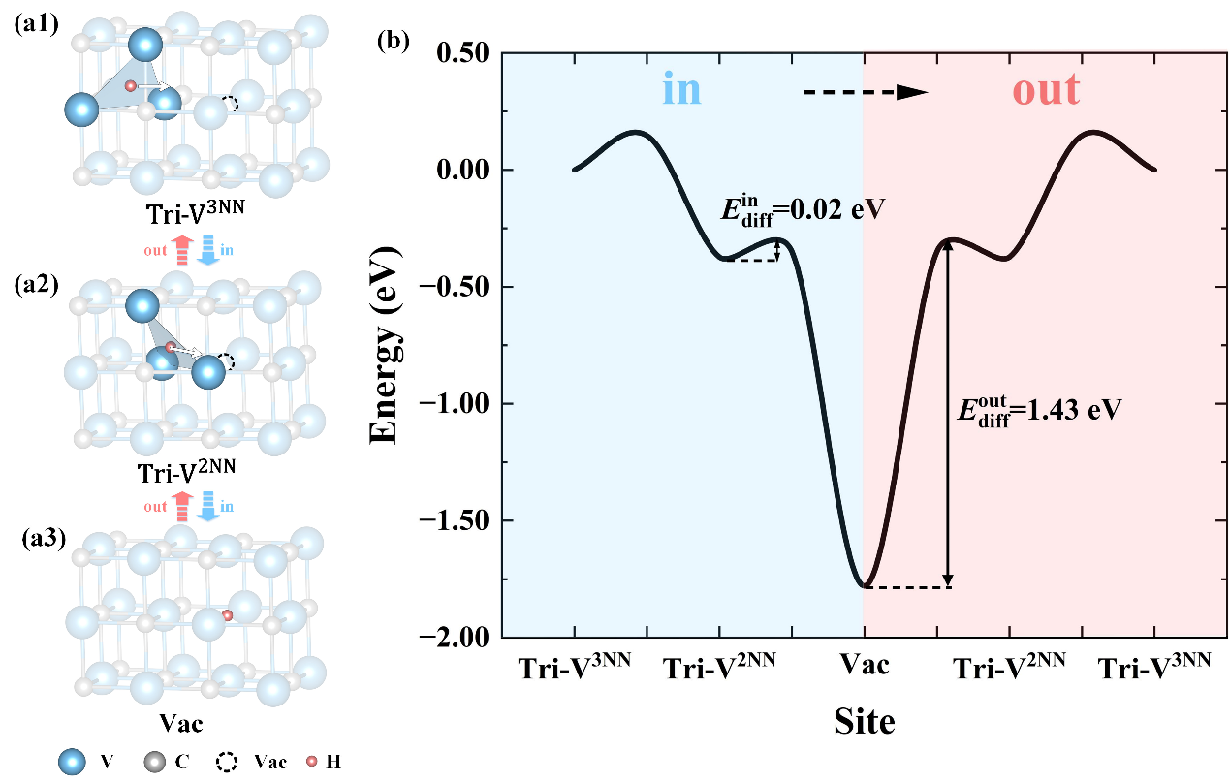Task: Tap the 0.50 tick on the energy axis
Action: pyautogui.click(x=460, y=53)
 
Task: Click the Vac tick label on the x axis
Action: pyautogui.click(x=863, y=666)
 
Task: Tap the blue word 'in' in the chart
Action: pyautogui.click(x=681, y=90)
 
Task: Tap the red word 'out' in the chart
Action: pyautogui.click(x=1046, y=90)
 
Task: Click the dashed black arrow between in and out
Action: pyautogui.click(x=865, y=92)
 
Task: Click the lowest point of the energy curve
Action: pyautogui.click(x=863, y=586)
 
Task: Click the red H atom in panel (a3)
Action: pyautogui.click(x=228, y=615)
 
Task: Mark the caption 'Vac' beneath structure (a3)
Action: pyautogui.click(x=182, y=723)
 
